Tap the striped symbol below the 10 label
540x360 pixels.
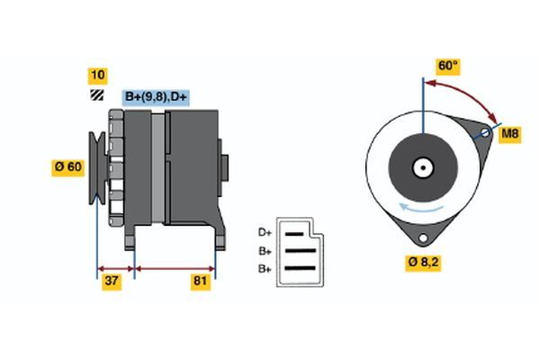[x=96, y=94]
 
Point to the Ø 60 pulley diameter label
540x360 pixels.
[x=69, y=166]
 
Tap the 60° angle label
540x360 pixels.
[x=447, y=66]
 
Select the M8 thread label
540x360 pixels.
[x=509, y=134]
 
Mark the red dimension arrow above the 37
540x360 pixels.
[x=115, y=267]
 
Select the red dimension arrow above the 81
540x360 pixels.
[x=175, y=267]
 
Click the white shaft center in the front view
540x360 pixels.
[x=421, y=166]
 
